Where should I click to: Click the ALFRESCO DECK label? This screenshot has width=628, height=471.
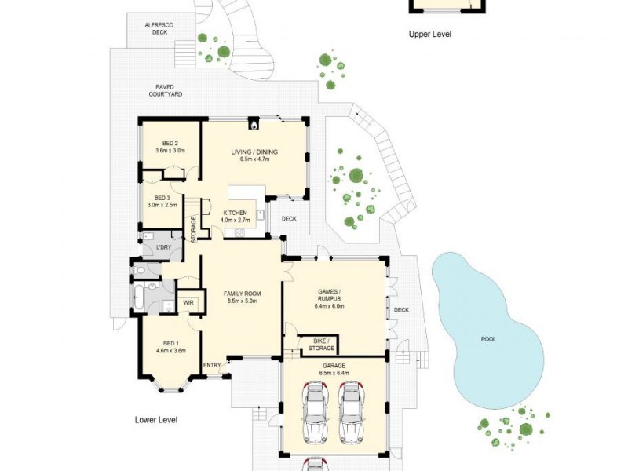point(159,30)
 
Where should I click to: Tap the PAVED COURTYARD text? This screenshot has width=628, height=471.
point(166,90)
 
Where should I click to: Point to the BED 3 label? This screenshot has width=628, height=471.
point(162,201)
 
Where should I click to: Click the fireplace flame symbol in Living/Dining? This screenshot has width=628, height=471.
point(254,123)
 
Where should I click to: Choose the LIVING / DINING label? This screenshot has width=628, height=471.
point(254,155)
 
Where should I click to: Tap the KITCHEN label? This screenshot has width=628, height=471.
point(235,217)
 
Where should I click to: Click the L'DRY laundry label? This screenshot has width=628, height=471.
point(164,248)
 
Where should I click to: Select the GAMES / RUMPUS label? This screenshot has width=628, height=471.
point(334,293)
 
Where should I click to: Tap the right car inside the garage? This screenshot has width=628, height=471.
point(352,412)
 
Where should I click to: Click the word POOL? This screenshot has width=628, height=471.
point(489,340)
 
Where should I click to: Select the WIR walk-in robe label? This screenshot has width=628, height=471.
point(188,302)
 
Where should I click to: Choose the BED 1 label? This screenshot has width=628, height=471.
point(170,347)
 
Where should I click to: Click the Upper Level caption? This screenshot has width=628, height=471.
point(430,35)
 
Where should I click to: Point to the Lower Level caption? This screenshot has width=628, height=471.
point(156,420)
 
